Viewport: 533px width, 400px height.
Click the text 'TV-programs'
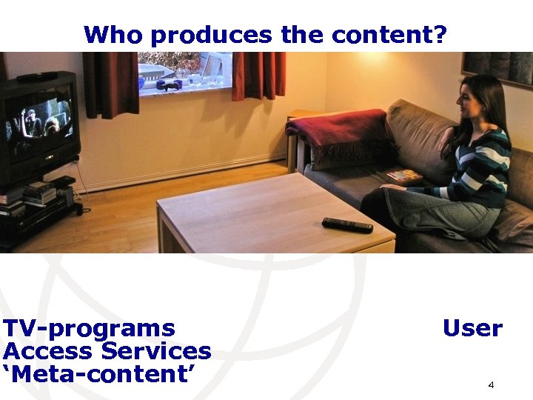(89, 328)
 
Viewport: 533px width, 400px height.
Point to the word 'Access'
(49, 351)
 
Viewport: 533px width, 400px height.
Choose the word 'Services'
(156, 351)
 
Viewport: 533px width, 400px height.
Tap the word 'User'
(472, 328)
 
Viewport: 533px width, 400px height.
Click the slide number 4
(491, 385)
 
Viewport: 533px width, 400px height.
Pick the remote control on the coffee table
(347, 225)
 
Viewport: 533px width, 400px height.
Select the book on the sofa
(404, 177)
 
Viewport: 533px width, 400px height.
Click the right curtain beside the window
(258, 76)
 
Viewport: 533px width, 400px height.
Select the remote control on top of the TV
(37, 76)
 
